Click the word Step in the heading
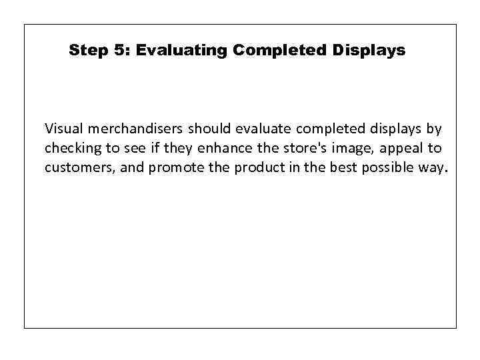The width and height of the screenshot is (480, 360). click(x=85, y=50)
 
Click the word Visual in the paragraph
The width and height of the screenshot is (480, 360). click(x=61, y=127)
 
